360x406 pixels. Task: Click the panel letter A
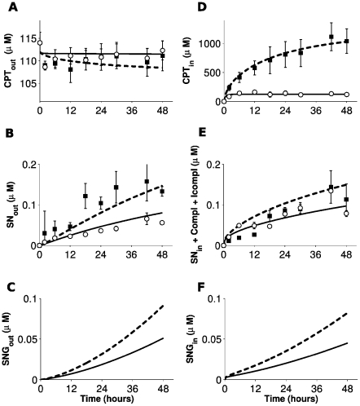click(10, 7)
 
